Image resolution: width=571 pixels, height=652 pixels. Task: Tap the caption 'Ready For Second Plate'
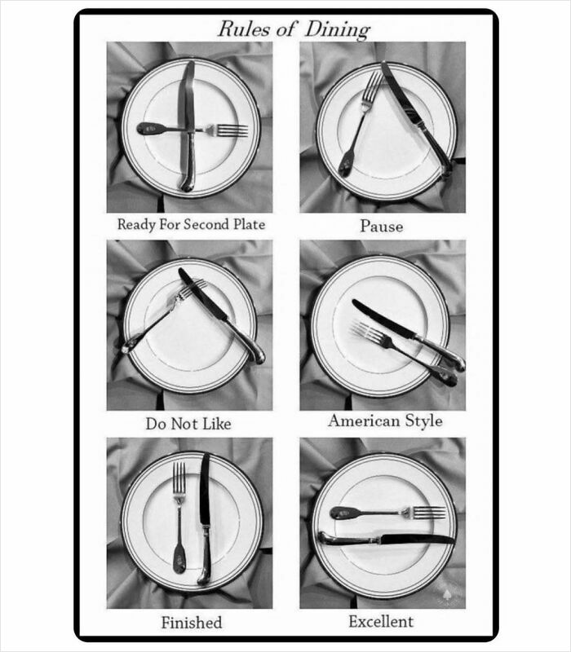tap(191, 224)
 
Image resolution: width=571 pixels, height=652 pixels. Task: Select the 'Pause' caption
tap(382, 226)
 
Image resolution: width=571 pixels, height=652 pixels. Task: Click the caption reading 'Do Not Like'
tap(188, 424)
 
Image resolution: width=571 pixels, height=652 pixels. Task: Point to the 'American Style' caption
tap(385, 421)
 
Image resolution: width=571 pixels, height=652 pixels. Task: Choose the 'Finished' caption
tap(191, 623)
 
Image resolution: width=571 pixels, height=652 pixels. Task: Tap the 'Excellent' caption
tap(381, 621)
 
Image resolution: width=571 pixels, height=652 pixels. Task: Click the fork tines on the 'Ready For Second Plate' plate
tap(230, 130)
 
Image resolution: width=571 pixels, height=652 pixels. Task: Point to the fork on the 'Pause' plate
tap(357, 122)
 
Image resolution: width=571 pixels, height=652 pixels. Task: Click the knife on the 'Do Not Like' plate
tap(220, 314)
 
